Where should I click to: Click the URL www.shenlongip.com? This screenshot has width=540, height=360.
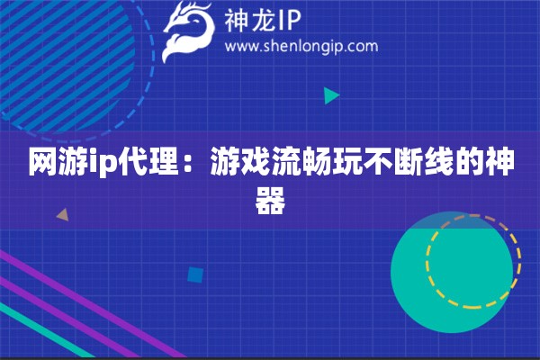(300, 46)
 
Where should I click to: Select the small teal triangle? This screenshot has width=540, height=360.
(331, 95)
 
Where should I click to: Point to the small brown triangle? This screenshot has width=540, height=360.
(62, 215)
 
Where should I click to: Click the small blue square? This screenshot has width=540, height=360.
(194, 274)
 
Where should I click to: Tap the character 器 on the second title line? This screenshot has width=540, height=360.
(270, 202)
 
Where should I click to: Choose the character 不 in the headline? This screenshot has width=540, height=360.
(382, 166)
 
